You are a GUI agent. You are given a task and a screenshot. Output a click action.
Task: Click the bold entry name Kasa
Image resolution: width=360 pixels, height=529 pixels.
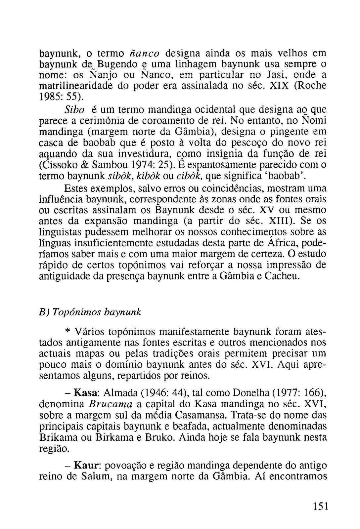pos(85,393)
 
